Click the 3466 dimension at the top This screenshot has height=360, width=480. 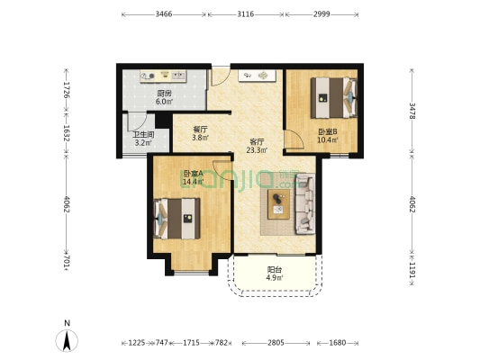[x=164, y=14]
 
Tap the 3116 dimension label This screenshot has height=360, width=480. [x=246, y=14]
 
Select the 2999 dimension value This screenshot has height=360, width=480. [x=322, y=14]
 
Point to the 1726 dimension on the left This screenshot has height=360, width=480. [x=67, y=90]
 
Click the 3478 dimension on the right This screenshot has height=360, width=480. [x=412, y=111]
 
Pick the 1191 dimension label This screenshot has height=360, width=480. [x=412, y=270]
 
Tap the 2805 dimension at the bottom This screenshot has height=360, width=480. [x=276, y=343]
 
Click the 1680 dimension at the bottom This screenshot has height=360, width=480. [x=338, y=343]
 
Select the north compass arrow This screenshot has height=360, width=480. [x=67, y=340]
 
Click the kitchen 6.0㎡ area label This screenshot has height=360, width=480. [x=164, y=102]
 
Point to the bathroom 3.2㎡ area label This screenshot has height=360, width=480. [x=143, y=142]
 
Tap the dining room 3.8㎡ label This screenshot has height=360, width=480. [x=200, y=138]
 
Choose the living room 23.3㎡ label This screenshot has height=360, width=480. [x=257, y=150]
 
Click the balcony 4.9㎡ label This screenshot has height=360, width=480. [x=275, y=278]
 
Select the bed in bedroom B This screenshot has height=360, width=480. [x=334, y=98]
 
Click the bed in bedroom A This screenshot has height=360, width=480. [x=177, y=219]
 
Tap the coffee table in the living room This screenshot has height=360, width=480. [x=278, y=204]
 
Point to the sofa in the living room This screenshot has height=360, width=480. [x=305, y=204]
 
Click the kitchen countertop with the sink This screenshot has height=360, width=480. [x=163, y=76]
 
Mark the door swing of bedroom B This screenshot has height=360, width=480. [x=294, y=139]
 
